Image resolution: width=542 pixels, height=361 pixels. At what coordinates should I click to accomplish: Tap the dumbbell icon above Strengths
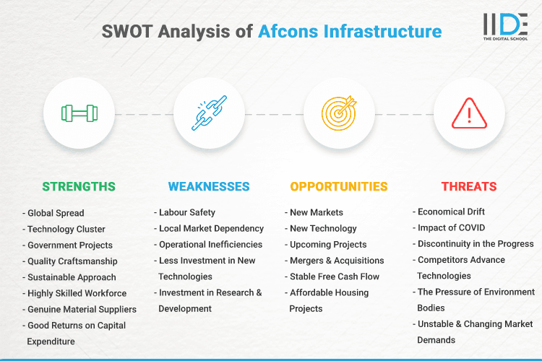coord(79,113)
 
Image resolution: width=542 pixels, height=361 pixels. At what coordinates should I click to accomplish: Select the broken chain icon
coord(209,113)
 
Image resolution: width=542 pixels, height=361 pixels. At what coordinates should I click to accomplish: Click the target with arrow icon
coord(339,113)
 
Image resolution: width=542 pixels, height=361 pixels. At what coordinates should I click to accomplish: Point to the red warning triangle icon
coord(469,113)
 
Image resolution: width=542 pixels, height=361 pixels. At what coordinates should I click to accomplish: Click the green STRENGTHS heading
coord(79,186)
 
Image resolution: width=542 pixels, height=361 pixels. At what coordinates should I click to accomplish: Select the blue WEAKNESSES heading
coord(209,186)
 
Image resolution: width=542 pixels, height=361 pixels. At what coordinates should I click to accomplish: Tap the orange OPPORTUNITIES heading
coord(339,186)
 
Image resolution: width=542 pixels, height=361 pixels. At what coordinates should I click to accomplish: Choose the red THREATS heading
coord(469,186)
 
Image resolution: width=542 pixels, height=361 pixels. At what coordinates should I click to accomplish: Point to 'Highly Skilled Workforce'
coord(76,293)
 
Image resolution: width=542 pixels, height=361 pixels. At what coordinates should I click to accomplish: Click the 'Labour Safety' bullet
coord(186,212)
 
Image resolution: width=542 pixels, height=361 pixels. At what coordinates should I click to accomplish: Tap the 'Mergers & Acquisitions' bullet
coord(336,261)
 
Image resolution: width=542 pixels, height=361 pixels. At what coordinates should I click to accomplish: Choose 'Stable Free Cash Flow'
coord(334,277)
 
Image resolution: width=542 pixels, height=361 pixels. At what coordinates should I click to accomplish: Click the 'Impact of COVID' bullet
coord(452,227)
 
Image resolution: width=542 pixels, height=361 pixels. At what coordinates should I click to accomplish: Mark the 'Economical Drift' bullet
coord(451,212)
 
